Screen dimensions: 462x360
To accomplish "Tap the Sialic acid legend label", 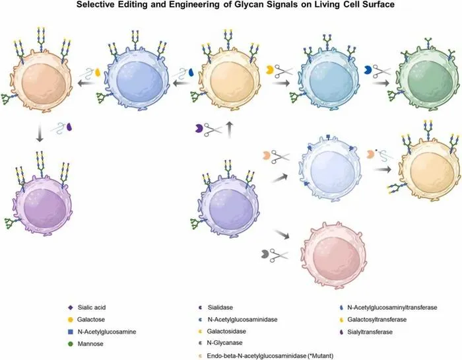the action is tap(92, 308).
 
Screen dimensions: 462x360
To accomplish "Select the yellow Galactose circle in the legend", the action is tap(71, 320).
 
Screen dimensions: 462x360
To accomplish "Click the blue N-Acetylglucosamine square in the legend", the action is tap(71, 332).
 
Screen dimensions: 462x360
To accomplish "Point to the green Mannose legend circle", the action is tap(71, 343).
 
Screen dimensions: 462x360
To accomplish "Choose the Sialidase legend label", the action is tap(220, 308).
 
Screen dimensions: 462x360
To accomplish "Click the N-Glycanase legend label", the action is tap(224, 343).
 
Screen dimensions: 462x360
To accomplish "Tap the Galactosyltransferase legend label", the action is tap(377, 320).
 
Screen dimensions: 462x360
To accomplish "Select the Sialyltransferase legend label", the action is tap(370, 332).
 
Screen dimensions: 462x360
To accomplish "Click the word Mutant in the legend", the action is tap(322, 356).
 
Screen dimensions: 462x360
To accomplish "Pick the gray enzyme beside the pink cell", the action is tap(265, 254).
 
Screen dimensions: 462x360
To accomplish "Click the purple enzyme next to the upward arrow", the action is tap(199, 128).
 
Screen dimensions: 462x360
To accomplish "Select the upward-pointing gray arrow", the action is tap(230, 130).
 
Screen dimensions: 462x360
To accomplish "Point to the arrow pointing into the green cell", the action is tap(381, 83).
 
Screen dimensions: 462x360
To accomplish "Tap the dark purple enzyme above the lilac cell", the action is tap(69, 127).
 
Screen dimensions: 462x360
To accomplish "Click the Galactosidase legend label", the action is tap(226, 331).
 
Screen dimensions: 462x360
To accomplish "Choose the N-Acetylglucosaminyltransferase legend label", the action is tap(392, 308).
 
